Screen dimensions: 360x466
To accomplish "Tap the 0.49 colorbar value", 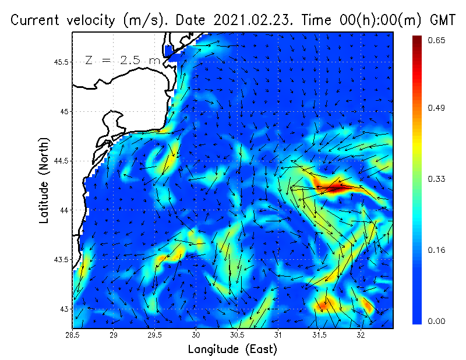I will [x=437, y=108].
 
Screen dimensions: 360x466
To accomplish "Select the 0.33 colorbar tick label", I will [x=437, y=179].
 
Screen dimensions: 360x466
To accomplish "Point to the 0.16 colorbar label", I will [x=437, y=250].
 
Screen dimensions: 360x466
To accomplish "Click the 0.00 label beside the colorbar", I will [x=437, y=321].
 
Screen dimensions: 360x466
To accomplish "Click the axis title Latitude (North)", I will [x=44, y=181].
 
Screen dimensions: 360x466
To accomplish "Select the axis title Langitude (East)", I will [x=232, y=350].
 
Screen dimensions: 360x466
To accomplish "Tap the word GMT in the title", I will [x=442, y=20].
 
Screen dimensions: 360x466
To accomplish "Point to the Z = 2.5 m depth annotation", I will [x=123, y=60].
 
